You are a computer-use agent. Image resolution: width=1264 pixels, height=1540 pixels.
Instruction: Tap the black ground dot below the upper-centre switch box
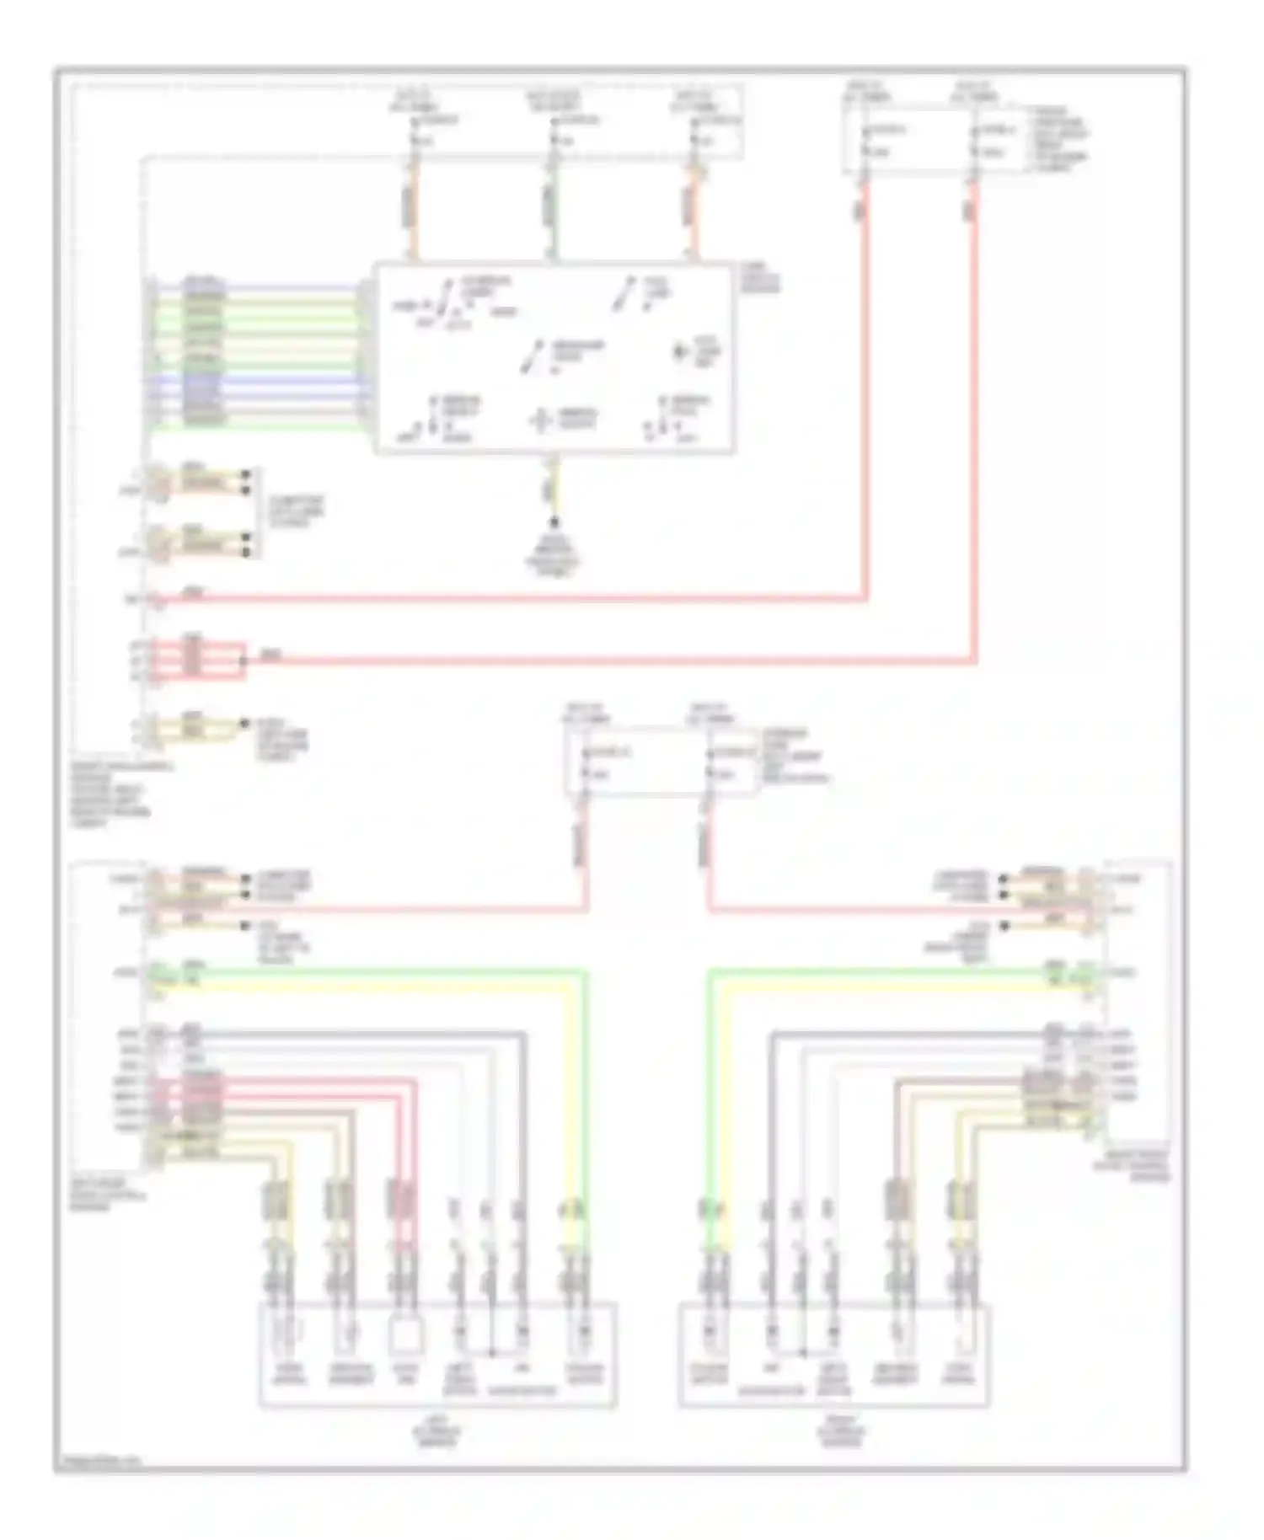pos(554,523)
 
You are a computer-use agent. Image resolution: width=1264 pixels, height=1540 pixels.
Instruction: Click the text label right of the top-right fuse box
pos(1057,139)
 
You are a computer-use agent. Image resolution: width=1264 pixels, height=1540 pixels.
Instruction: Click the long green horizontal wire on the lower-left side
pos(379,972)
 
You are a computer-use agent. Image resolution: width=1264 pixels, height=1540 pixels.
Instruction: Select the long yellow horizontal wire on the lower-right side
pos(885,985)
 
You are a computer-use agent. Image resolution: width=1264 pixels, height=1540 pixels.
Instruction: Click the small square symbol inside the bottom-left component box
pos(406,1336)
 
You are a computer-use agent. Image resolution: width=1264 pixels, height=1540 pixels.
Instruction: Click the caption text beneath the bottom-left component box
pos(437,1431)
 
